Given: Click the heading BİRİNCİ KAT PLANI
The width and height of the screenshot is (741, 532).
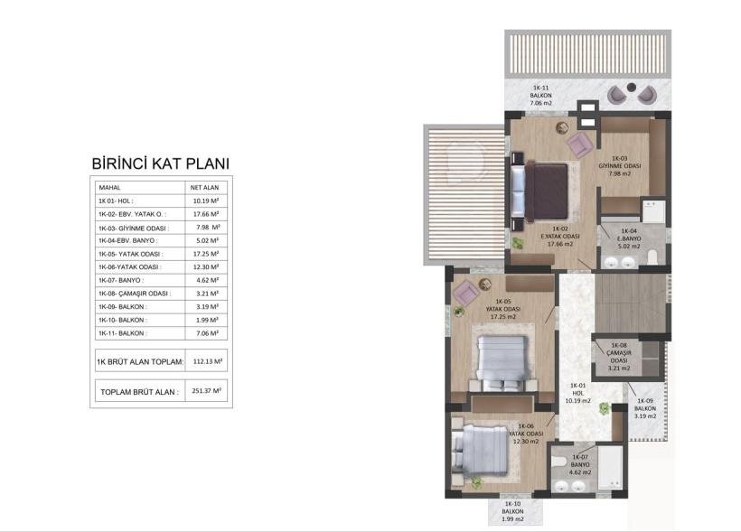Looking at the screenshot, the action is pos(160,163).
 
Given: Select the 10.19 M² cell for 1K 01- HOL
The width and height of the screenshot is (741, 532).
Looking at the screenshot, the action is pos(205,201).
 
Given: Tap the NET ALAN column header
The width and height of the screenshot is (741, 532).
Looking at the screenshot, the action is pos(204,188).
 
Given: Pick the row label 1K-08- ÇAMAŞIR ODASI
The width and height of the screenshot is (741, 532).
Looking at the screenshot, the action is pos(135,294).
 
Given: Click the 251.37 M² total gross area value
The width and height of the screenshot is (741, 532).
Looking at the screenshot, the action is pos(207,391).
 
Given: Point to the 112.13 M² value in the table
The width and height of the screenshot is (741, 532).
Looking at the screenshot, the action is pos(208,361).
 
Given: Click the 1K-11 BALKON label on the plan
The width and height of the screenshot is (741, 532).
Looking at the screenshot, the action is pos(540,96).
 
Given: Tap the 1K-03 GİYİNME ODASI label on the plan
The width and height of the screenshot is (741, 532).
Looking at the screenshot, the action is pos(620,166).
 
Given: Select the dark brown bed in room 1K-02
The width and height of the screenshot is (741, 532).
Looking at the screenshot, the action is pos(547,191).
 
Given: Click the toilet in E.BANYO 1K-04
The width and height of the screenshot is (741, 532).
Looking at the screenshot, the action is pos(652,257).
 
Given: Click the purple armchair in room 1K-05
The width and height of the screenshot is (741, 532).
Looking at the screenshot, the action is pos(466,292).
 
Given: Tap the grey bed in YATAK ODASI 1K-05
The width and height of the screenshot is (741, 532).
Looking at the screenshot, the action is pos(502,363).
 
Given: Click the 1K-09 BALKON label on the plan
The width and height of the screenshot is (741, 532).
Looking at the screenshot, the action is pos(645,408).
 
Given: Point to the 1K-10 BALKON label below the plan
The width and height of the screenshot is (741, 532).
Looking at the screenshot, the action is pos(512,512).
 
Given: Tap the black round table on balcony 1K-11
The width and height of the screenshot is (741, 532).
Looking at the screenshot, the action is pos(632,87).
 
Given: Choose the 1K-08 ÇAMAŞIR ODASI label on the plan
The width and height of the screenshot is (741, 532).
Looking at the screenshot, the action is pos(619,357).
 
